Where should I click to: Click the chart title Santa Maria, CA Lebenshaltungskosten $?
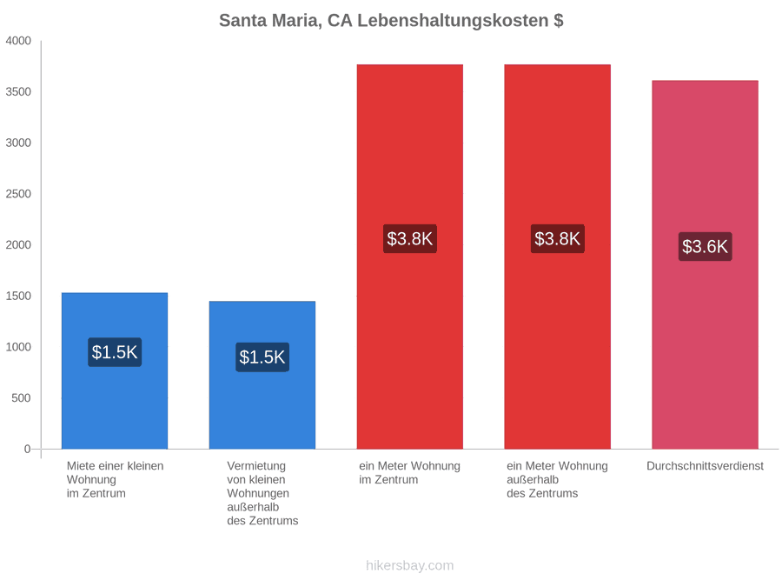pos(391,21)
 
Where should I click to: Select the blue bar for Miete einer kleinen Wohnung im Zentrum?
pos(115,370)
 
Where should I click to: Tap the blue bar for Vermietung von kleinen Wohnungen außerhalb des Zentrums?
pos(262,375)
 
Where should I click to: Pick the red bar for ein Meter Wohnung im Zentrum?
pos(410,257)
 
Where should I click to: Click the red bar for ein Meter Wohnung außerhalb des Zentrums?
pos(558,257)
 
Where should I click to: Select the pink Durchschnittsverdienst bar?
pos(706,264)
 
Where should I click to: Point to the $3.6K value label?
pos(706,247)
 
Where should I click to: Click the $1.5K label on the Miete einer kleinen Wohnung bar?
pos(115,352)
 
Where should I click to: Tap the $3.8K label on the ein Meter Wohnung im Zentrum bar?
pos(410,238)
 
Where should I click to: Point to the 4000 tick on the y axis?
pos(18,41)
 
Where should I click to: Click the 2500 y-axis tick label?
pos(18,194)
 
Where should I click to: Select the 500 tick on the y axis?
pos(22,397)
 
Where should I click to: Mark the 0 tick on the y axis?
pos(28,450)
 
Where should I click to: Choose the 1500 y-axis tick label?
pos(18,296)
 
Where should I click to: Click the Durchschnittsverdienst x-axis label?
pos(706,466)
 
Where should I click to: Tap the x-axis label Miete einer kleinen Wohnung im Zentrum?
pos(116,480)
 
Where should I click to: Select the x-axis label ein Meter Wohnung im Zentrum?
pos(409,473)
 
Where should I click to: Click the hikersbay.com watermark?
pos(410,565)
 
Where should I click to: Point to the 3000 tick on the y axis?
pos(18,143)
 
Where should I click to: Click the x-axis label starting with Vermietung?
pos(262,493)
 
